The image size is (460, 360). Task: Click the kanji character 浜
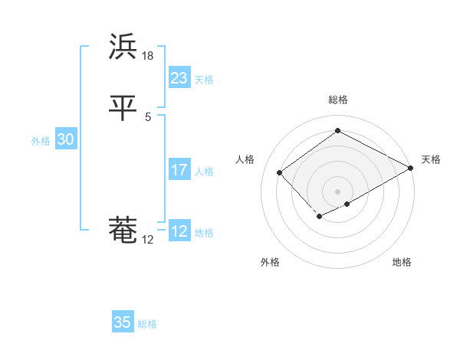[x=123, y=47]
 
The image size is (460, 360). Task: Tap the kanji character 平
[x=123, y=107]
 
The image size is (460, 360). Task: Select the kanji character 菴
[x=123, y=230]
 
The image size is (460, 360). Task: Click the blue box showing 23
[x=179, y=78]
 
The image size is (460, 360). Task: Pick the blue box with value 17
[x=179, y=170]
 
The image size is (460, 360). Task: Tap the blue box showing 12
[x=179, y=231]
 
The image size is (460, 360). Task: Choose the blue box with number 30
[x=65, y=139]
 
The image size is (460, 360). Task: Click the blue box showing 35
[x=123, y=322]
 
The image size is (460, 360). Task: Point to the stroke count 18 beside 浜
[x=148, y=56]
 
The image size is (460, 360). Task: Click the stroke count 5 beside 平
[x=148, y=116]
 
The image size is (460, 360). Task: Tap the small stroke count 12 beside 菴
[x=148, y=240]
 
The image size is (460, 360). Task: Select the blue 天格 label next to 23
[x=204, y=80]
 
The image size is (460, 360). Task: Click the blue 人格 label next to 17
[x=204, y=172]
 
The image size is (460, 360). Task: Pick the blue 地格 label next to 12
[x=204, y=233]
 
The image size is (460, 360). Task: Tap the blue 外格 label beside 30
[x=41, y=141]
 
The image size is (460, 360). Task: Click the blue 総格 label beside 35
[x=148, y=324]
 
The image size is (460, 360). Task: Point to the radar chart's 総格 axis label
[x=338, y=100]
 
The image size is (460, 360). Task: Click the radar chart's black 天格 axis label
[x=431, y=159]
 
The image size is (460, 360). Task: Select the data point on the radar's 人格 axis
[x=280, y=172]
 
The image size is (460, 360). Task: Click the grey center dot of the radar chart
[x=338, y=191]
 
